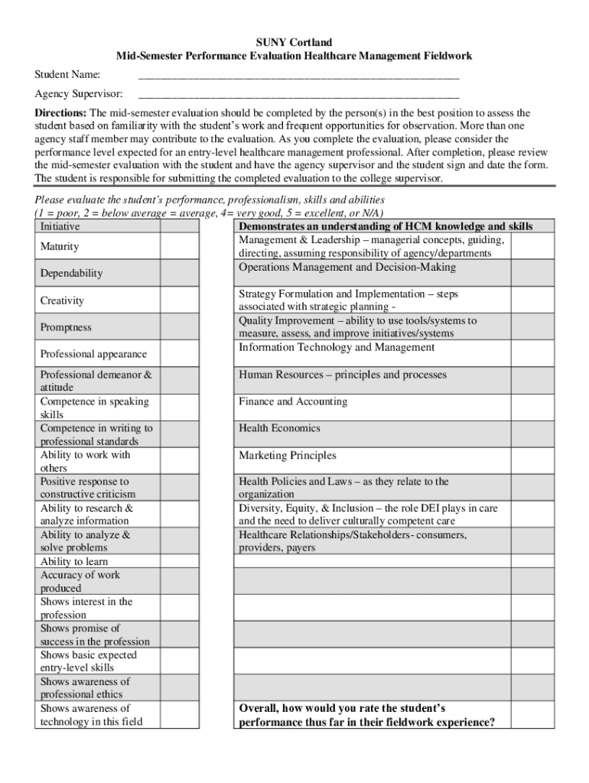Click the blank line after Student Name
click(298, 76)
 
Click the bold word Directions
click(61, 113)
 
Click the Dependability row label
click(71, 273)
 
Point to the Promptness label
click(66, 327)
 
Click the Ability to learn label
click(74, 561)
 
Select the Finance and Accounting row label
click(293, 401)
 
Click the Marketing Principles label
click(288, 456)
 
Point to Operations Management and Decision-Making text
click(347, 268)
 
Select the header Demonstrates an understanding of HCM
click(386, 227)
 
